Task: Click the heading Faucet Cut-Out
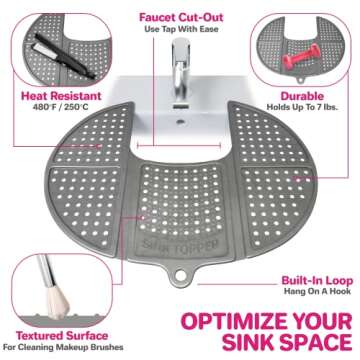pos(180,14)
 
